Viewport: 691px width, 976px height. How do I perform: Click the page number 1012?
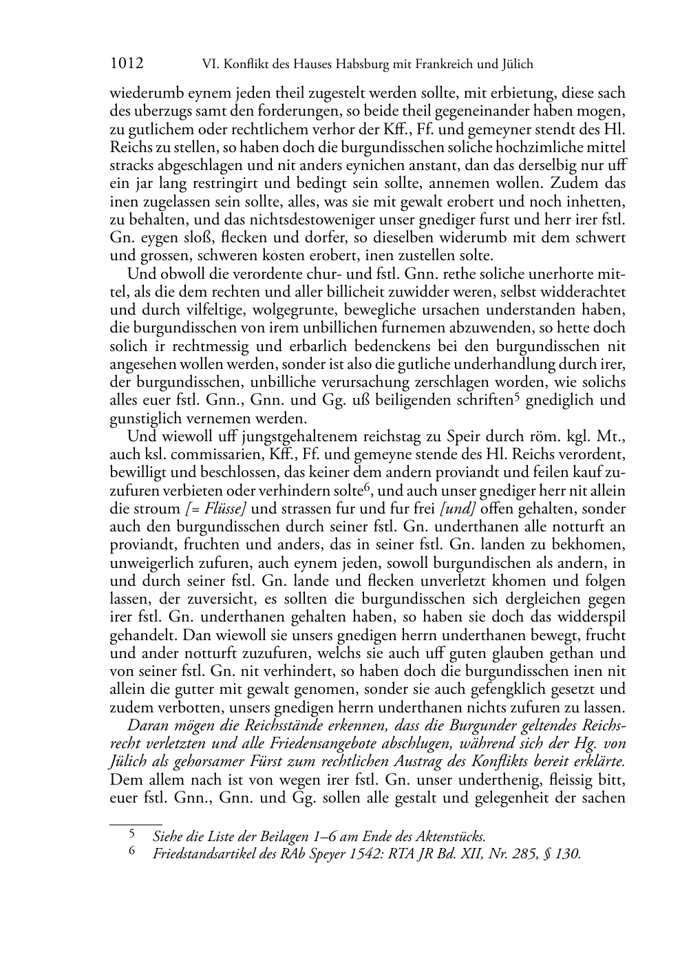pyautogui.click(x=127, y=65)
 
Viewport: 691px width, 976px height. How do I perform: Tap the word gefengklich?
pyautogui.click(x=492, y=689)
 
